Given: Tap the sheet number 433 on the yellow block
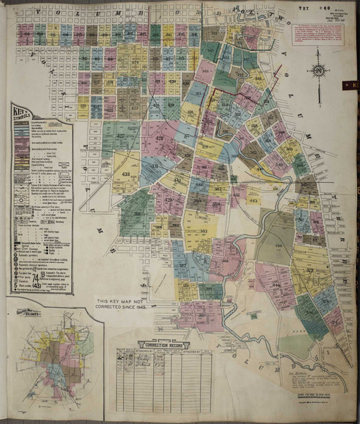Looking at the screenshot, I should click(126, 173).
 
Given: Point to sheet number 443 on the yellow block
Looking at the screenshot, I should click(253, 200).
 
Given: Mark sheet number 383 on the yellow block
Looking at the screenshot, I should click(203, 231).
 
